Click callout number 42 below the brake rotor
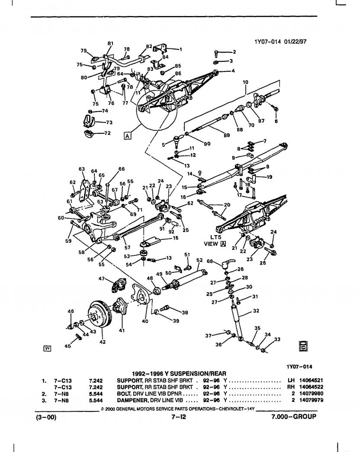(103, 342)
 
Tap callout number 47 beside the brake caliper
(102, 278)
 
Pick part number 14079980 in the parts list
(311, 394)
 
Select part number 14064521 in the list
(311, 380)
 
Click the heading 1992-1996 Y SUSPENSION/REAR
(179, 374)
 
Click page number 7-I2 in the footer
(179, 416)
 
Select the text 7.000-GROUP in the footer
(293, 416)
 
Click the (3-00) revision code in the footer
(46, 417)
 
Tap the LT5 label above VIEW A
(215, 237)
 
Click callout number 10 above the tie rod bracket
(245, 82)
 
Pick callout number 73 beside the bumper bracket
(109, 122)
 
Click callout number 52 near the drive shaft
(199, 260)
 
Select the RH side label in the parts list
(291, 387)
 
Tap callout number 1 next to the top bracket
(181, 49)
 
